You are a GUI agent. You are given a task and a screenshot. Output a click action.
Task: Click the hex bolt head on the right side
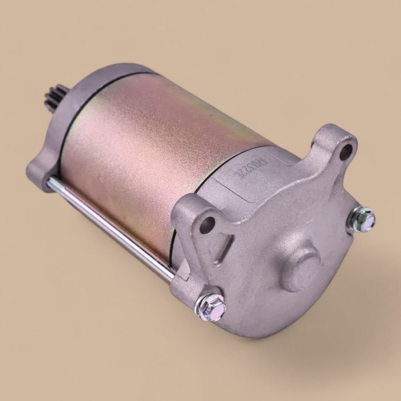(x=364, y=218)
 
